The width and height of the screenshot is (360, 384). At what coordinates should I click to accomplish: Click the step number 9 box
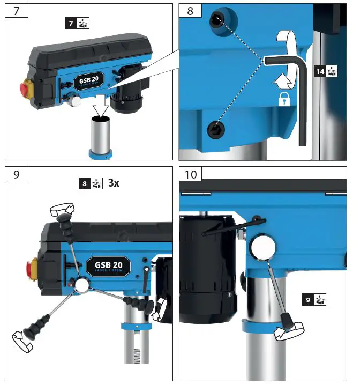coord(18,175)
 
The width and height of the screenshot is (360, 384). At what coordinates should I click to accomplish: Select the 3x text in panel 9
coord(114,182)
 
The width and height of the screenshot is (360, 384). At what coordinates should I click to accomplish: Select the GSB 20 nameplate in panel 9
coord(108,266)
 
